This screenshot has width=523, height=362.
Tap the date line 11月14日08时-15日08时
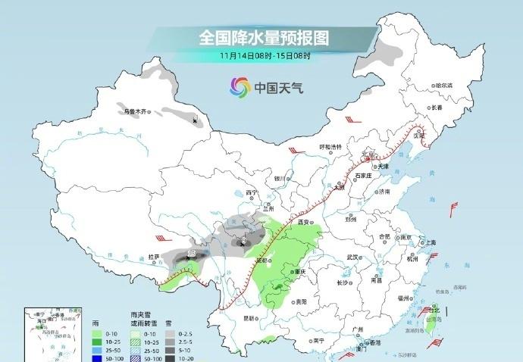tap(265, 55)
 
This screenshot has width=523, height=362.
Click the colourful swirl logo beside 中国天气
tap(240, 87)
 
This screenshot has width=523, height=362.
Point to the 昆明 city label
tap(249, 318)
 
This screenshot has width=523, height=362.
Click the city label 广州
tap(358, 329)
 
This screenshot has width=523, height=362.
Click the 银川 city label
tap(279, 178)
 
